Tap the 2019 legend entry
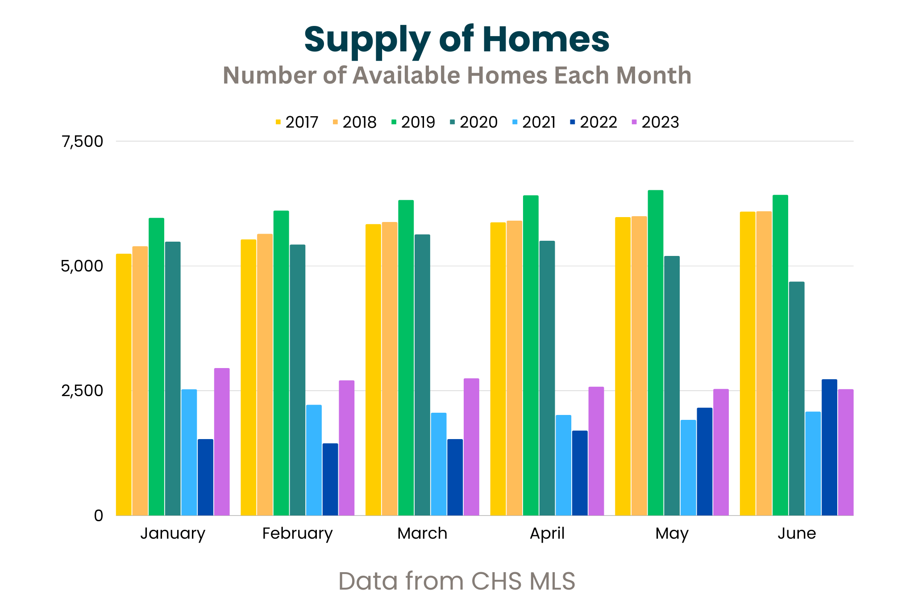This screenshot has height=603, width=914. pos(413,122)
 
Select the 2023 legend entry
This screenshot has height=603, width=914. pos(655,122)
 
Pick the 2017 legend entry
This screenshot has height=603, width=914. pos(297,122)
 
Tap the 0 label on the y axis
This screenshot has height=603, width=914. pos(98,515)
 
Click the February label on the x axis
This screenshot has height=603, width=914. pos(297,533)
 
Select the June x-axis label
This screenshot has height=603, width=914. pos(797,533)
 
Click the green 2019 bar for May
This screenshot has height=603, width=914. pos(655,353)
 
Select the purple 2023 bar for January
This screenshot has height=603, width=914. pos(222,442)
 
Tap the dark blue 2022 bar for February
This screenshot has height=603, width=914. pos(330,479)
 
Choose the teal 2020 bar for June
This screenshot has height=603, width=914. pos(797,398)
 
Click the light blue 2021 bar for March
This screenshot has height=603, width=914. pos(439,464)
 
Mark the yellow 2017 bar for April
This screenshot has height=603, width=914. pos(498,369)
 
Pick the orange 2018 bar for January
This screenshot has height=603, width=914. pos(140,381)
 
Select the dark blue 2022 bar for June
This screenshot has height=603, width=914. pos(829,447)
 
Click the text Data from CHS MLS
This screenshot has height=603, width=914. pos(457,581)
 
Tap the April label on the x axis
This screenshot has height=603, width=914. pos(547,533)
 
